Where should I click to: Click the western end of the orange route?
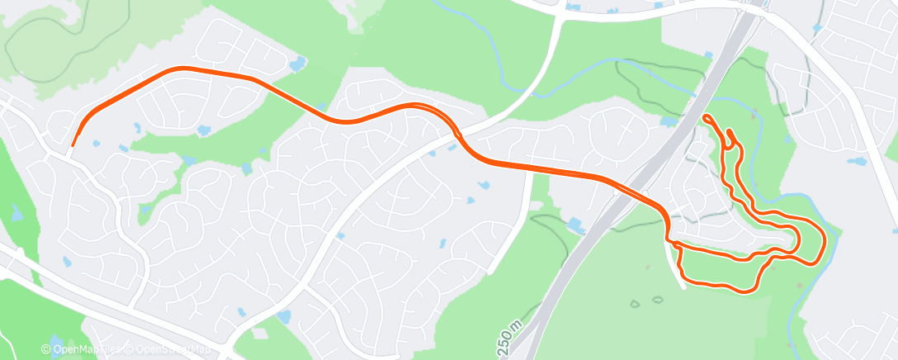(x=73, y=145)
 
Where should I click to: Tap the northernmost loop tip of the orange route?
(x=707, y=117)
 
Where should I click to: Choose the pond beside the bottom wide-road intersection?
(x=284, y=317)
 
